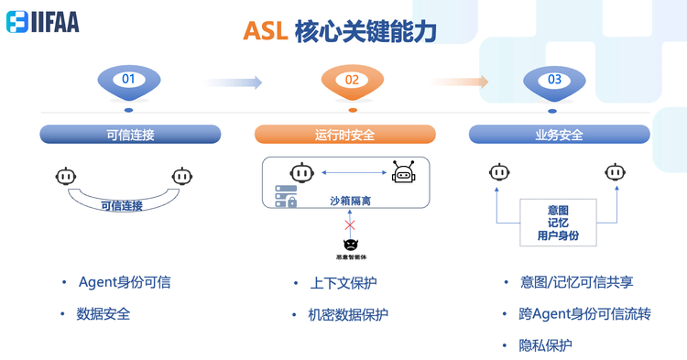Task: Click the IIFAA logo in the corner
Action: pyautogui.click(x=43, y=22)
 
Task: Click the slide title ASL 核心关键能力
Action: pyautogui.click(x=339, y=31)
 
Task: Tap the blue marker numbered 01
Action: pyautogui.click(x=128, y=81)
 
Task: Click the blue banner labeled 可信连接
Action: pyautogui.click(x=130, y=135)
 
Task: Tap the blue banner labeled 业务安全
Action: pyautogui.click(x=559, y=135)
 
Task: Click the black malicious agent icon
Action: pyautogui.click(x=349, y=244)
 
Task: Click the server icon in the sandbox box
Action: pyautogui.click(x=286, y=196)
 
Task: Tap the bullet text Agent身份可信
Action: pyautogui.click(x=125, y=282)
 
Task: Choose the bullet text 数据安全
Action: pyautogui.click(x=104, y=313)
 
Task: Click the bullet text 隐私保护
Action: pyautogui.click(x=545, y=345)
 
